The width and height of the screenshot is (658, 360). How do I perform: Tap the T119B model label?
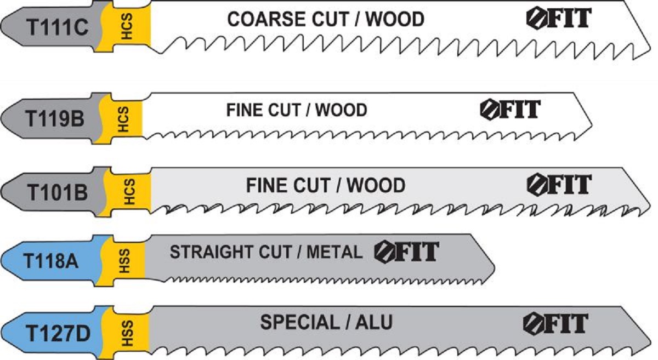(55, 118)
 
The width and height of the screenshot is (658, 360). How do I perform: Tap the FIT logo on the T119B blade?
(510, 109)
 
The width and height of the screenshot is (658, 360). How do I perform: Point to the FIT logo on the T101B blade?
(559, 185)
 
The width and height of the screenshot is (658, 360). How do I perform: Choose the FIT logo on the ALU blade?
(555, 323)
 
